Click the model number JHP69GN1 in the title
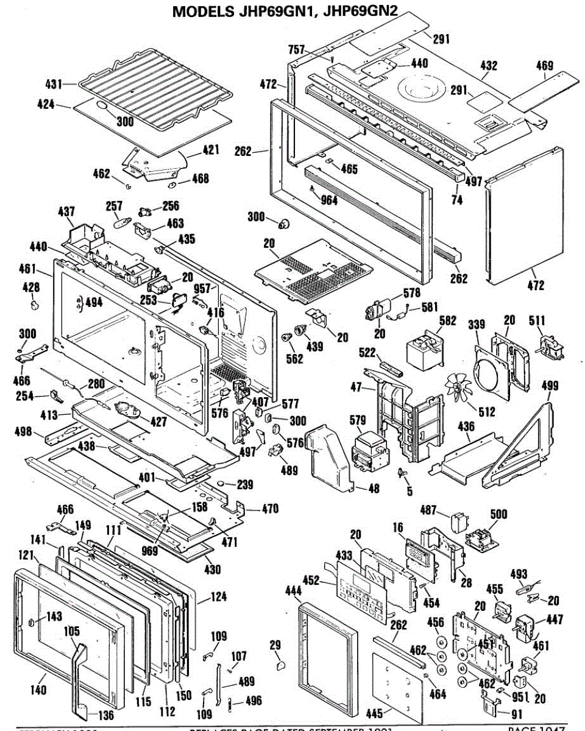[277, 12]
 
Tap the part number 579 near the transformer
[358, 420]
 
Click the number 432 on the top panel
[489, 65]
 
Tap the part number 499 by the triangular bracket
[550, 384]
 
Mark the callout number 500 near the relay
[498, 514]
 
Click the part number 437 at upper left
[66, 212]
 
